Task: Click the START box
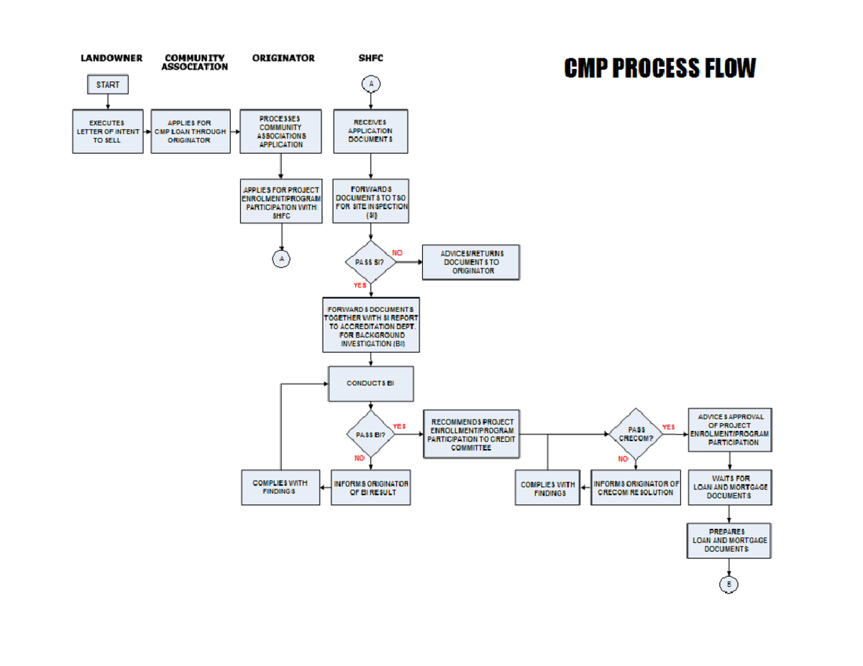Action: pyautogui.click(x=108, y=85)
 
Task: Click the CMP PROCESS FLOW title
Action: pyautogui.click(x=659, y=68)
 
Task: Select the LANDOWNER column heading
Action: pyautogui.click(x=111, y=58)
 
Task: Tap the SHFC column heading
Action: pyautogui.click(x=371, y=58)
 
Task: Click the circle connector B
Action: pyautogui.click(x=729, y=584)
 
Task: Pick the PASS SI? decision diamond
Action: pyautogui.click(x=370, y=262)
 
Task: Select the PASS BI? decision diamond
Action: pyautogui.click(x=370, y=435)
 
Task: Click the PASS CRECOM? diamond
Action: pyautogui.click(x=636, y=434)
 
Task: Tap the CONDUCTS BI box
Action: pyautogui.click(x=370, y=384)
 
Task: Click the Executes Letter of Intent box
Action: pyautogui.click(x=108, y=131)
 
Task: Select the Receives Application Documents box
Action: pyautogui.click(x=370, y=131)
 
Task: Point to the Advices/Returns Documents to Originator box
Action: pyautogui.click(x=470, y=262)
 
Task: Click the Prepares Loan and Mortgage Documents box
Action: pyautogui.click(x=729, y=540)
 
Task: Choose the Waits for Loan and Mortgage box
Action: pyautogui.click(x=729, y=487)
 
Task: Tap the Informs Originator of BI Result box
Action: pyautogui.click(x=370, y=487)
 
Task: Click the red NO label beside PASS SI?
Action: pyautogui.click(x=397, y=253)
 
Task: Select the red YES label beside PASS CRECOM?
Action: pyautogui.click(x=668, y=427)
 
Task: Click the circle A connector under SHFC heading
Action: pyautogui.click(x=371, y=85)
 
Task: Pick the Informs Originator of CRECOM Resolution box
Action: pyautogui.click(x=636, y=487)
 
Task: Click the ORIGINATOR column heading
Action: pyautogui.click(x=283, y=58)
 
